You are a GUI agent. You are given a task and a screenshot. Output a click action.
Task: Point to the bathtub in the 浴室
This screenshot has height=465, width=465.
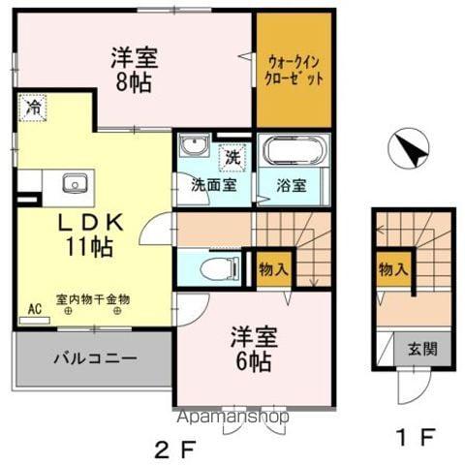pyautogui.click(x=294, y=154)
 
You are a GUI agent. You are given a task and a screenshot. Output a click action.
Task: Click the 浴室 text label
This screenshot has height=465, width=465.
pyautogui.click(x=292, y=185)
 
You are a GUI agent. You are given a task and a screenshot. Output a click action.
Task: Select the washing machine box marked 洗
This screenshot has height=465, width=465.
pyautogui.click(x=232, y=155)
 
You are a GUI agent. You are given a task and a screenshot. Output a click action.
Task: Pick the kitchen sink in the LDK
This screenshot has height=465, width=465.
pyautogui.click(x=74, y=182)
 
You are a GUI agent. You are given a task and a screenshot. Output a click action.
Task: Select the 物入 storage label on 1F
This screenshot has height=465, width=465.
pyautogui.click(x=391, y=268)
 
